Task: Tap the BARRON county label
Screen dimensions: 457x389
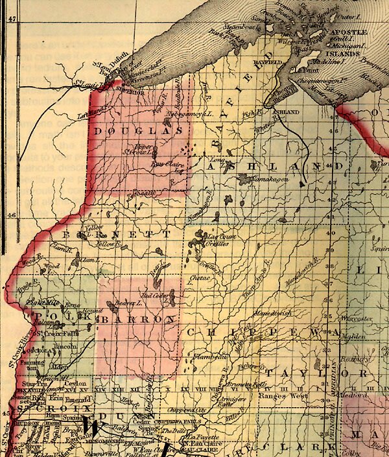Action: [145, 319]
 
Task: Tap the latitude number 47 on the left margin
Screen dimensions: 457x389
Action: [11, 20]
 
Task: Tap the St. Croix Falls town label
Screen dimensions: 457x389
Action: [54, 334]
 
